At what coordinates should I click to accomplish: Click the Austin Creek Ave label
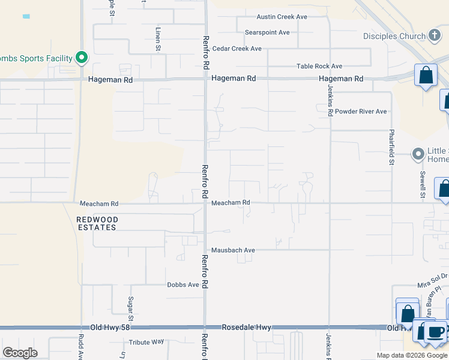pos(282,17)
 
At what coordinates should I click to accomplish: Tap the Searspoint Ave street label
pos(267,32)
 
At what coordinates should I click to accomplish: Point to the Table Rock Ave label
pos(319,67)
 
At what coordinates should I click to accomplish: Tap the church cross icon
pos(435,36)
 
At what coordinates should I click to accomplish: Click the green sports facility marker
pos(82,58)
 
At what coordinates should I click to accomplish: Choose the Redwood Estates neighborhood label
pos(97,224)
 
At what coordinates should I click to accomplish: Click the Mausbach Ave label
pos(233,250)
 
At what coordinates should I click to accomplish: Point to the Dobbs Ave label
pos(183,285)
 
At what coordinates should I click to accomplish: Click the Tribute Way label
pos(146,342)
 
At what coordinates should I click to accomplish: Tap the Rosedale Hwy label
pos(247,328)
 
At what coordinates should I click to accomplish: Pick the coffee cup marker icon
pos(436,331)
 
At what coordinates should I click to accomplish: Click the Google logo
pos(20,352)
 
